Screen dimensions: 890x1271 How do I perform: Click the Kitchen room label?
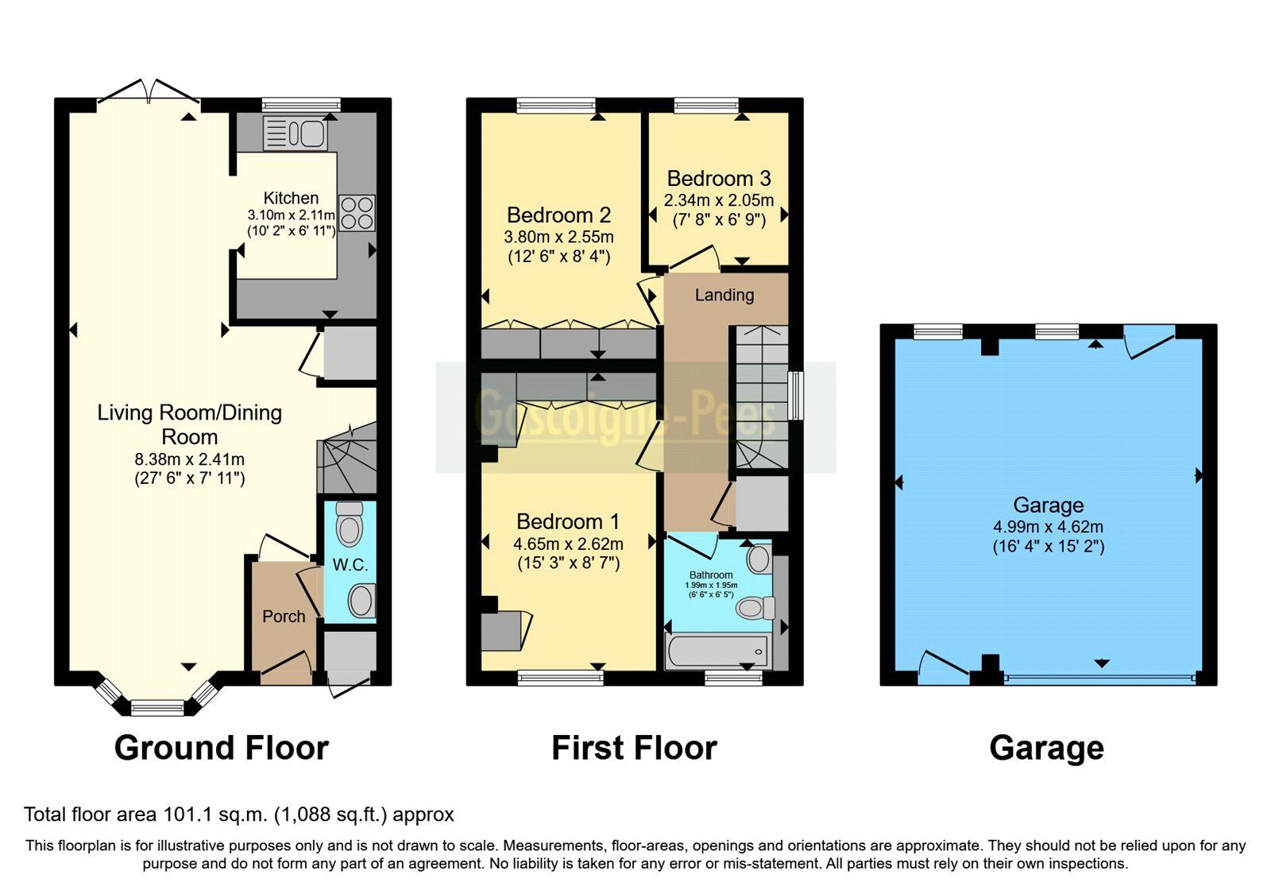click(x=291, y=198)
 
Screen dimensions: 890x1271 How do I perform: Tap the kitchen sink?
click(x=295, y=133)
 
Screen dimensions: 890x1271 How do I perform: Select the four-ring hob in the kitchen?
click(x=357, y=213)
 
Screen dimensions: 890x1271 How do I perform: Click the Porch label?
click(x=284, y=617)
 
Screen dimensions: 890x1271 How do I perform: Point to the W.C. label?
click(x=350, y=565)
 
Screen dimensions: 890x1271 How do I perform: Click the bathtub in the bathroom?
click(x=717, y=652)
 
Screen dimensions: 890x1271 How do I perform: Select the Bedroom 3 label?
click(x=718, y=179)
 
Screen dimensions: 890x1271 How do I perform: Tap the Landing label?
click(x=724, y=296)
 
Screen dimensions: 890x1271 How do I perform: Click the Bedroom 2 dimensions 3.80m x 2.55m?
click(x=558, y=237)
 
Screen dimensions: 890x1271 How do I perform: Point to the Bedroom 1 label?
click(x=567, y=522)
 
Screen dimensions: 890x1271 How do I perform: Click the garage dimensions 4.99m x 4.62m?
click(x=1047, y=527)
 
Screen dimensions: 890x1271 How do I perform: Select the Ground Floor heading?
click(x=221, y=749)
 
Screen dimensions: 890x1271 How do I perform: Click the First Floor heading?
click(x=634, y=749)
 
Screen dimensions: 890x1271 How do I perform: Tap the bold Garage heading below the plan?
click(x=1046, y=749)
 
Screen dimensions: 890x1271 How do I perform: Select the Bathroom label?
click(x=711, y=575)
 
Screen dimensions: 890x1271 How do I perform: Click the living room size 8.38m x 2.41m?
click(x=189, y=459)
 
